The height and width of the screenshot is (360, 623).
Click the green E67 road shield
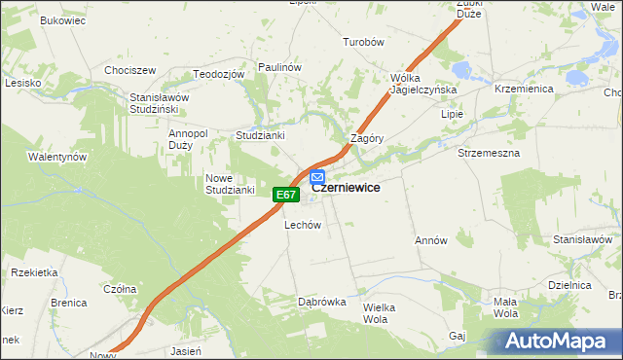pyautogui.click(x=284, y=196)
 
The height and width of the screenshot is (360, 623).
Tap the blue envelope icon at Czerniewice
pyautogui.click(x=317, y=177)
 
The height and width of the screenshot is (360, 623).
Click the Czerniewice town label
pyautogui.click(x=346, y=188)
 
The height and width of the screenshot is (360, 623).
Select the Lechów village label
pyautogui.click(x=302, y=225)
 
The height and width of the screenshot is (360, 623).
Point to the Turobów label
pyautogui.click(x=365, y=43)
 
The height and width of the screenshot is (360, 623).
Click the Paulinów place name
pyautogui.click(x=279, y=66)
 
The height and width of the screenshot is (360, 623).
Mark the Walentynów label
pyautogui.click(x=57, y=157)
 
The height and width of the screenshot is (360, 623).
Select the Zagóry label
pyautogui.click(x=367, y=138)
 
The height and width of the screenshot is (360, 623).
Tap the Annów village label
pyautogui.click(x=430, y=240)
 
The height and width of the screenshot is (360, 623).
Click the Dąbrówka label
pyautogui.click(x=322, y=302)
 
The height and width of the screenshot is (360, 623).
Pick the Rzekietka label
pyautogui.click(x=35, y=272)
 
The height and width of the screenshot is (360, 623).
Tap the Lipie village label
pyautogui.click(x=453, y=114)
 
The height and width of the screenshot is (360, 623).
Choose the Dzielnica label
pyautogui.click(x=570, y=285)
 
